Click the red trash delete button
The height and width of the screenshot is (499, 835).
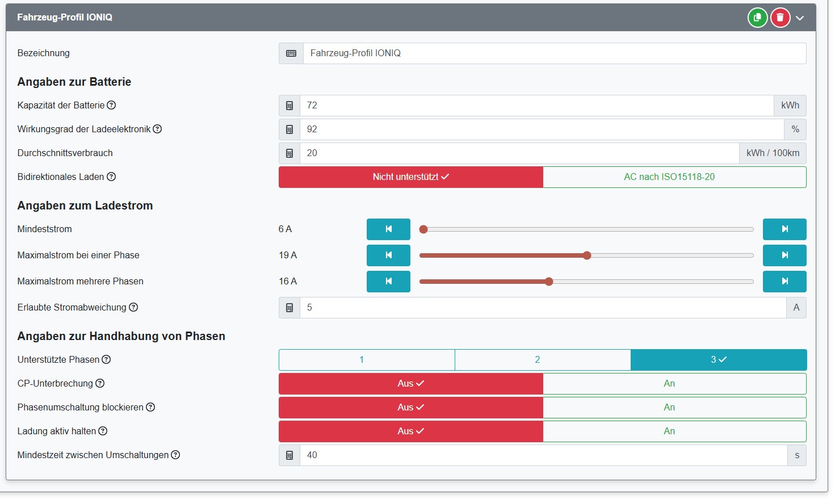point(780,18)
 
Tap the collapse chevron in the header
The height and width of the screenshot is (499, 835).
point(800,18)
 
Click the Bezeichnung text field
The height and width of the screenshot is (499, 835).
point(554,53)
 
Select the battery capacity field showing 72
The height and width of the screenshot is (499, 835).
point(536,106)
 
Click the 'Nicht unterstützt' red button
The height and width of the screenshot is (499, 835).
point(410,177)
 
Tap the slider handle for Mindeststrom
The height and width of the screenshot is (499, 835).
point(423,229)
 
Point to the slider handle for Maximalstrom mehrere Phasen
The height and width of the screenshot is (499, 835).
point(549,282)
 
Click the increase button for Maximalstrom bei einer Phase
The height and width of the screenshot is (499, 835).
point(784,255)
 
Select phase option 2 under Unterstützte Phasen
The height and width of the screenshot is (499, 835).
point(537,360)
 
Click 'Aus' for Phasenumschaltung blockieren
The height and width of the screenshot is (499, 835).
point(410,408)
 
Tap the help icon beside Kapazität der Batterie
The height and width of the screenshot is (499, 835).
point(111,105)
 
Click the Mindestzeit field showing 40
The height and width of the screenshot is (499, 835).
point(543,455)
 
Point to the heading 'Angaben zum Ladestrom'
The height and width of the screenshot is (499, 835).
point(85,206)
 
